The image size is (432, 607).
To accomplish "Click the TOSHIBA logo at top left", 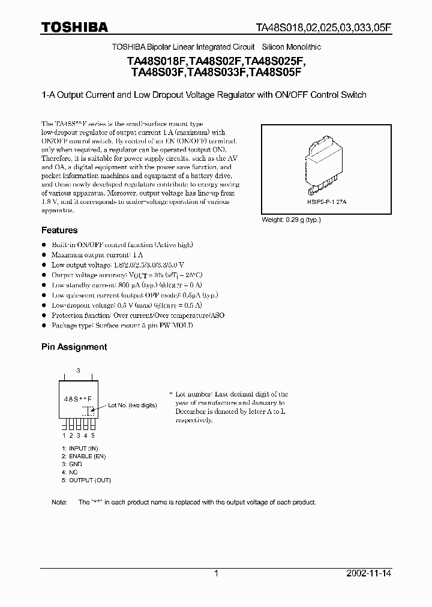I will tap(74, 27).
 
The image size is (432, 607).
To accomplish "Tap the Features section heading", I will tap(59, 230).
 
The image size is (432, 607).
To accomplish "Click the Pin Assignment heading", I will tap(74, 347).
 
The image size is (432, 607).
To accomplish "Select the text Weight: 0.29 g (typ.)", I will tap(291, 220).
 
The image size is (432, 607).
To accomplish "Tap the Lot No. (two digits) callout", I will tap(132, 405).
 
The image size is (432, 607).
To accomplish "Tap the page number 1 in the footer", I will tap(216, 573).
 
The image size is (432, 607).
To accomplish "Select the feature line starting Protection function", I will tap(137, 315).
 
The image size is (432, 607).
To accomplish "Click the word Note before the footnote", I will tap(59, 502).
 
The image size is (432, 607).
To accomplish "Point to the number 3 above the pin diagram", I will tap(77, 370).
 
